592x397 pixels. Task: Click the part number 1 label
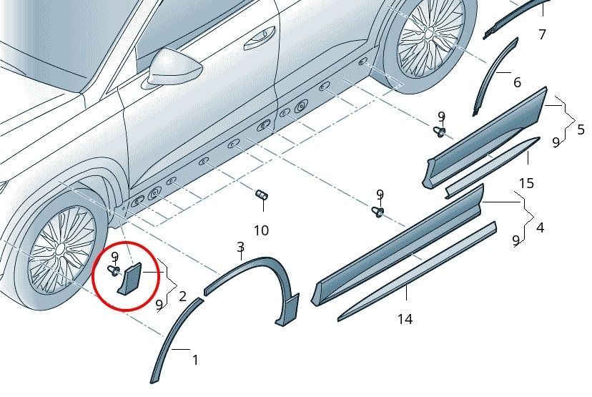pos(195,360)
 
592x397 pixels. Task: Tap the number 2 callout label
pos(182,295)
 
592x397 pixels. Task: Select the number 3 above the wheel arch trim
pos(240,248)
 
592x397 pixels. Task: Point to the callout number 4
pos(540,228)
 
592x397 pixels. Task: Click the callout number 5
pos(581,129)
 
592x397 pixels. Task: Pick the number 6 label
pos(517,82)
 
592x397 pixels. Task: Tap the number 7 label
pos(542,34)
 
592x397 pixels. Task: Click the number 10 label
pos(261,230)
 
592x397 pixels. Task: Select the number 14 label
pos(405,320)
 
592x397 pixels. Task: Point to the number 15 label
pos(526,184)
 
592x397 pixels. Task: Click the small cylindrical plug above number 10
pos(262,195)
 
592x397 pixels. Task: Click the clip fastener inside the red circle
pos(113,270)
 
